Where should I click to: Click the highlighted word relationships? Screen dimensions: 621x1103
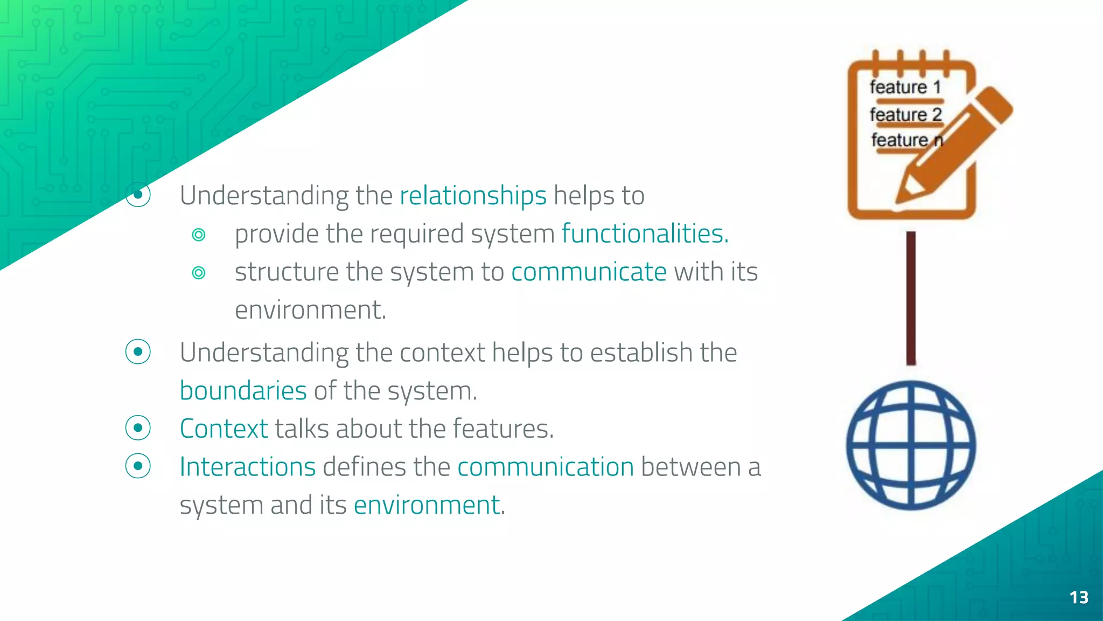[472, 195]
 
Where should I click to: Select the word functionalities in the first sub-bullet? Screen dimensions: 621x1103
[645, 233]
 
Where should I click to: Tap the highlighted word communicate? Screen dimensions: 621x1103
[589, 271]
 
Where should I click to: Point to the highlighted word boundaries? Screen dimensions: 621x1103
[243, 390]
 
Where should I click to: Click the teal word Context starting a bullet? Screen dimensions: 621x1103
[224, 429]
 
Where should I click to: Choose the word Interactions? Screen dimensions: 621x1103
[247, 467]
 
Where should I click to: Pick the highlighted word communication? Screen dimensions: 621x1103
[545, 467]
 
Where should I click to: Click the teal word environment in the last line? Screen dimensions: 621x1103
[427, 505]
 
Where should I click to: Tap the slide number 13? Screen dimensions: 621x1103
[1078, 597]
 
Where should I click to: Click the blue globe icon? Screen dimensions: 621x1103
[911, 445]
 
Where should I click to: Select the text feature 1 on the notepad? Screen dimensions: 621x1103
[905, 87]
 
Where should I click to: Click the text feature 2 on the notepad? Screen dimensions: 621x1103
[905, 114]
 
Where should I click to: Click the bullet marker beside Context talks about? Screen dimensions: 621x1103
[138, 428]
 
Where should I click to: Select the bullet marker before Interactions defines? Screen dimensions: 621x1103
[138, 466]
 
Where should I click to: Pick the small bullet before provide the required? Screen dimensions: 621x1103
[199, 235]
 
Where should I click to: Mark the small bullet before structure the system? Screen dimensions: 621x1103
[199, 273]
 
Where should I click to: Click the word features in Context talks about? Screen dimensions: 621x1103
[502, 429]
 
